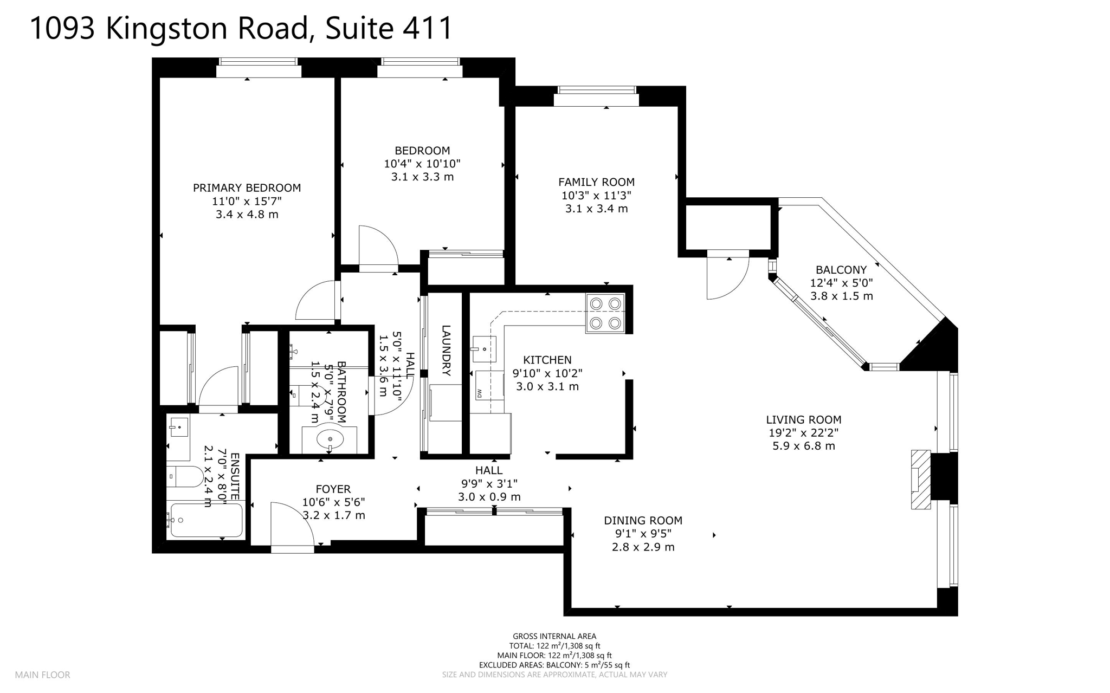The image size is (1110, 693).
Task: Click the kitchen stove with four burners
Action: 605,313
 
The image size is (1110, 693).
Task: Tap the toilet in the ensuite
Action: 185,477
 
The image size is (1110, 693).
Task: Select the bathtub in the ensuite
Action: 205,520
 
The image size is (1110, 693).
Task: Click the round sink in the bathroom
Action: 330,439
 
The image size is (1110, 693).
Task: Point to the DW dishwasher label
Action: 480,393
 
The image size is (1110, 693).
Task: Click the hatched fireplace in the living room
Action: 920,480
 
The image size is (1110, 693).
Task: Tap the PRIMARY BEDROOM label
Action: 247,188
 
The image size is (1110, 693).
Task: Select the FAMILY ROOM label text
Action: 596,183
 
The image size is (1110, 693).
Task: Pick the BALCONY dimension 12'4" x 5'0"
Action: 841,283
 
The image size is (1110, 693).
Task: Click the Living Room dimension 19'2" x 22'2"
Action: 803,433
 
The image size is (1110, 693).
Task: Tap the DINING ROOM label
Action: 643,521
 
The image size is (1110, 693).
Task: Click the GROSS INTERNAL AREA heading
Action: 554,636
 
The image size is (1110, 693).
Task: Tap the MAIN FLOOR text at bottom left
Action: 42,675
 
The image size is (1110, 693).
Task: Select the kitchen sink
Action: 484,348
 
